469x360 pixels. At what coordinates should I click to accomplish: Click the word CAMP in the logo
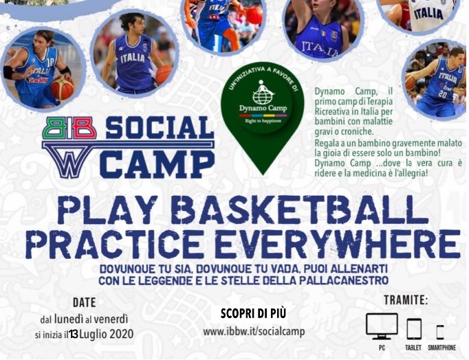157,164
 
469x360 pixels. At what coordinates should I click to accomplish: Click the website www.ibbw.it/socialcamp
254,332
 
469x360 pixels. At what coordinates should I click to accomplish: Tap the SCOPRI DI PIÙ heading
253,314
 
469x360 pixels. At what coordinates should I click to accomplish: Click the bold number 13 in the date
74,335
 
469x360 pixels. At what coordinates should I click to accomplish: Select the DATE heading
85,303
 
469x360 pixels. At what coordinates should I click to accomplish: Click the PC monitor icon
382,326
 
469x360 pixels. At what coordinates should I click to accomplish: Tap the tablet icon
414,328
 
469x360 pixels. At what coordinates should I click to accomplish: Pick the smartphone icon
440,332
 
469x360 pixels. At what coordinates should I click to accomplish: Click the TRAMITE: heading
406,300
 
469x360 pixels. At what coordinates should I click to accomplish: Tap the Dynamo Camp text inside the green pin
263,108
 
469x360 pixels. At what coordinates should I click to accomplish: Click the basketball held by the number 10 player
62,88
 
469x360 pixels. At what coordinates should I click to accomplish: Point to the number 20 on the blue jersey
442,94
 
